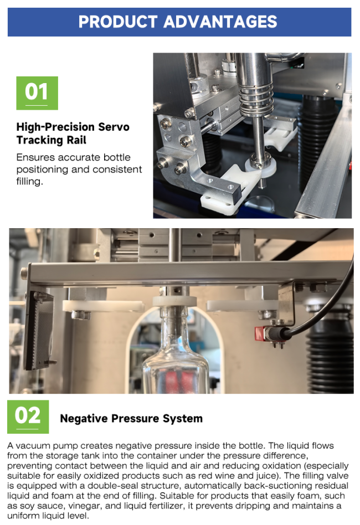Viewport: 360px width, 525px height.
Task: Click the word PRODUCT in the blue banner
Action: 118,22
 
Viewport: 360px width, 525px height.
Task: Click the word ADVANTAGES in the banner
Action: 220,22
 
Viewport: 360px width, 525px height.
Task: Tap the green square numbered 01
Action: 37,92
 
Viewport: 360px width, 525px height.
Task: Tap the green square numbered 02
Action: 28,416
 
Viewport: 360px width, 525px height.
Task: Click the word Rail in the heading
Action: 76,140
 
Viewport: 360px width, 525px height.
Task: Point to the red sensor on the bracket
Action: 260,333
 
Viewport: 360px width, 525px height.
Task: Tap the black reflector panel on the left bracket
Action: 38,330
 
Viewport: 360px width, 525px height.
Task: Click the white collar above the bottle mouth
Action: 174,301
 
